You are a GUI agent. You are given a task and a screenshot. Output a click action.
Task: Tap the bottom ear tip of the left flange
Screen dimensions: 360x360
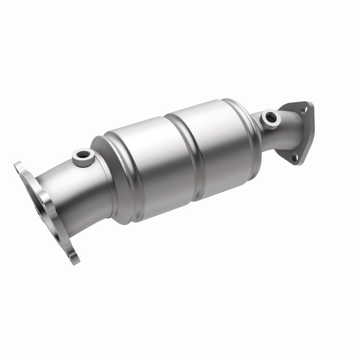pos(73,260)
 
